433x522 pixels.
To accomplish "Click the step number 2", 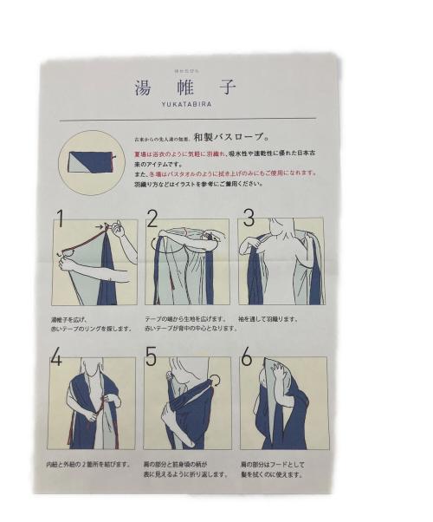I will coord(152,218).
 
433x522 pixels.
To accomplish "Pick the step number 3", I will coord(248,218).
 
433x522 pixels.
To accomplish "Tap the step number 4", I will coord(57,356).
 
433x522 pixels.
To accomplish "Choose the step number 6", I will coord(247,356).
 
